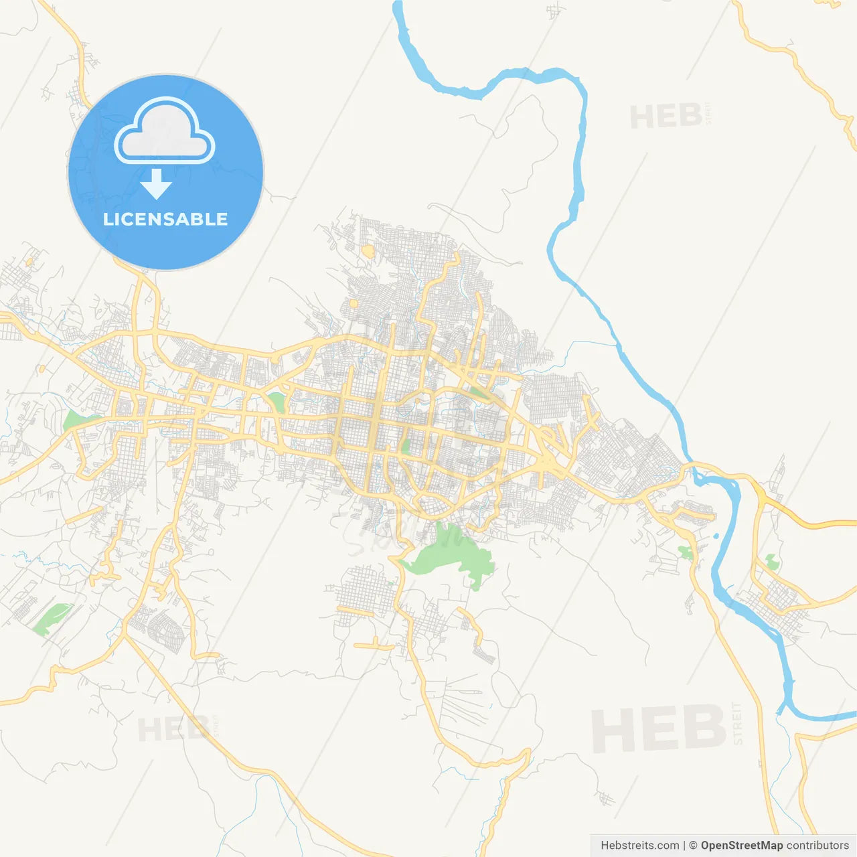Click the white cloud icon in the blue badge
[165, 132]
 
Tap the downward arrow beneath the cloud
[156, 184]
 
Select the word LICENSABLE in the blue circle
[165, 219]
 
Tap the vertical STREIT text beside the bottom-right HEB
[738, 723]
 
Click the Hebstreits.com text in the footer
[639, 846]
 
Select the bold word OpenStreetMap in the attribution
[741, 846]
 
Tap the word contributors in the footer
[817, 846]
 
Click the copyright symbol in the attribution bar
[693, 846]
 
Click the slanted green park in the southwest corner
[51, 619]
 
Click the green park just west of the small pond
[685, 552]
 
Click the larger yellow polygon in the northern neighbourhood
[368, 251]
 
